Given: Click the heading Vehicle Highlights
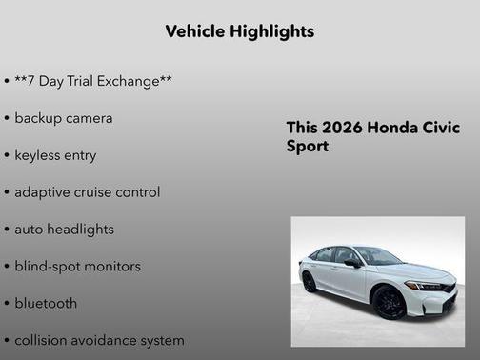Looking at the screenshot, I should click(x=239, y=31).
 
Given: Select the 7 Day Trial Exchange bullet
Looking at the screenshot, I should click(x=92, y=81).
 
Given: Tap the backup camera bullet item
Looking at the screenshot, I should click(x=63, y=118).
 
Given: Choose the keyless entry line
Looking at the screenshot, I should click(x=54, y=155).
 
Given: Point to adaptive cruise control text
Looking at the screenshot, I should click(x=87, y=192).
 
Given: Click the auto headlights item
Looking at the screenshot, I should click(x=64, y=230).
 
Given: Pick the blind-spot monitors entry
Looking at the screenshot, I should click(x=77, y=267).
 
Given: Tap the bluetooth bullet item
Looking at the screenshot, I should click(x=45, y=304).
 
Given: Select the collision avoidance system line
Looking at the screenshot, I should click(x=99, y=340).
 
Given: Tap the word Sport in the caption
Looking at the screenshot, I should click(x=307, y=148).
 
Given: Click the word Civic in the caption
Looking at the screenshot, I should click(x=439, y=129).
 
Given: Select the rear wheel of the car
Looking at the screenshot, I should click(x=310, y=282).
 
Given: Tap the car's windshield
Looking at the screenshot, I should click(x=377, y=256).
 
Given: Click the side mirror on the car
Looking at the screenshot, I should click(x=351, y=262).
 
